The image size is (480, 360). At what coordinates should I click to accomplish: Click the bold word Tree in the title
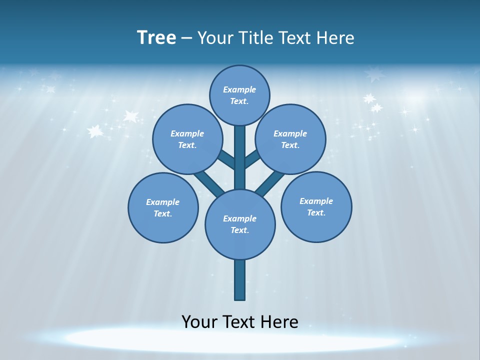coord(156,37)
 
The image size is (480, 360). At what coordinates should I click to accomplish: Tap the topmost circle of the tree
coord(239,95)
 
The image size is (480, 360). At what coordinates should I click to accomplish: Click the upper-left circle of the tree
coord(187,139)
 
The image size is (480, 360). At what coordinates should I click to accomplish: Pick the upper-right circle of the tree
coord(290,139)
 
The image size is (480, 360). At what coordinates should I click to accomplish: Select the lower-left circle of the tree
coord(163,207)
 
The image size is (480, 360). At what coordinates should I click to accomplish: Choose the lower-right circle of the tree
coord(316,206)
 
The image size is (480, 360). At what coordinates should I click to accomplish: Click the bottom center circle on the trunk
coord(240,224)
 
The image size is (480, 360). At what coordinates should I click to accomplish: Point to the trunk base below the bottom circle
coord(240,280)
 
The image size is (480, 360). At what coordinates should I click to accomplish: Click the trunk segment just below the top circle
coord(240,145)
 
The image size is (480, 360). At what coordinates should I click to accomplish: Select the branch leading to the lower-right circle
coord(270,182)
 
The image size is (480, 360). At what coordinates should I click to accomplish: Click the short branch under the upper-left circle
coord(226,159)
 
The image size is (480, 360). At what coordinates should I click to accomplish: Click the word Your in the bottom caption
coord(199,321)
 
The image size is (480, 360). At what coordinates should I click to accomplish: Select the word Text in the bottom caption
coord(239,321)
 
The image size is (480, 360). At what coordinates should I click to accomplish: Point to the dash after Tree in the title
coord(187,38)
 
